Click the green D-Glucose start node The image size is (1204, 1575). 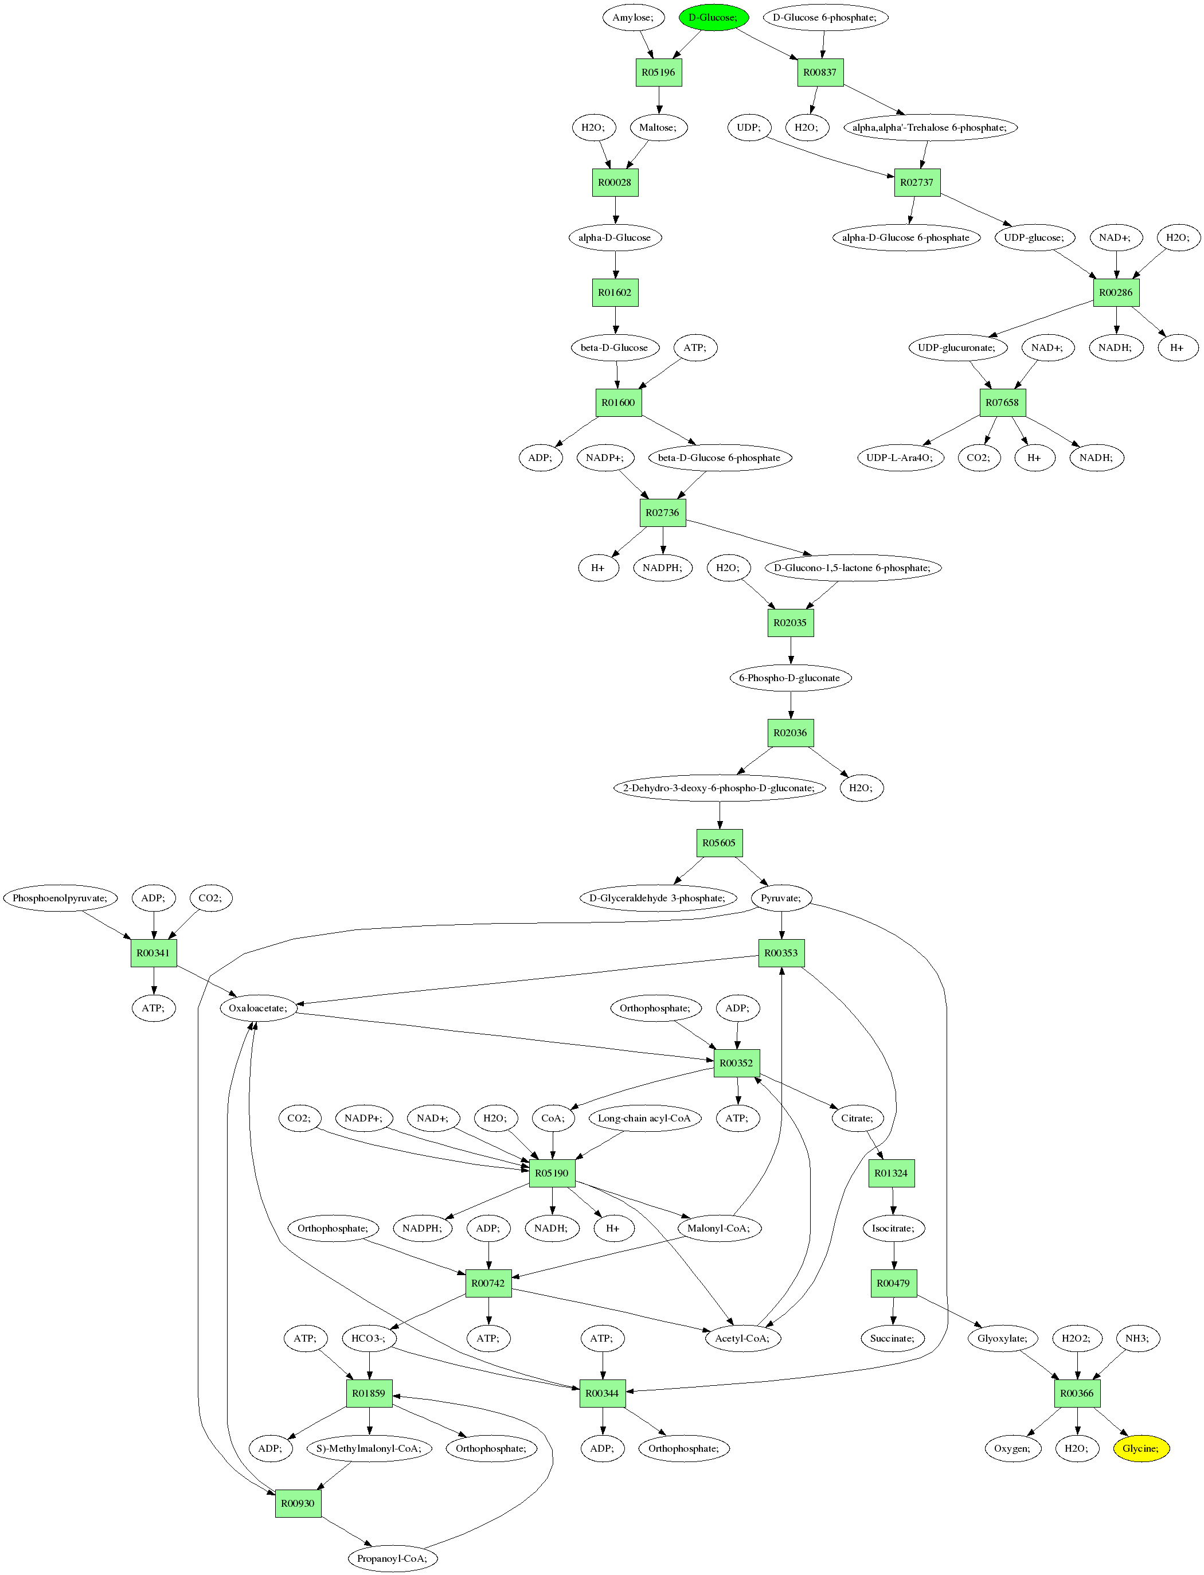tap(713, 17)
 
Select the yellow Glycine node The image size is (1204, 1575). tap(1141, 1448)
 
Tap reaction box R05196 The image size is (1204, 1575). tap(659, 72)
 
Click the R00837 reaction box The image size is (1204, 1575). tap(820, 72)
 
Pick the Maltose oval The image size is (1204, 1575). tap(658, 127)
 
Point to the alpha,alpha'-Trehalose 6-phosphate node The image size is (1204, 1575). tap(930, 127)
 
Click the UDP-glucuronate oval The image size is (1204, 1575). tap(957, 347)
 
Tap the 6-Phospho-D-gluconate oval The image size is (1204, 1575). tap(791, 678)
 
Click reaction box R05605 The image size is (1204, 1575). tap(720, 843)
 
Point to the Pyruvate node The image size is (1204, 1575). tap(781, 898)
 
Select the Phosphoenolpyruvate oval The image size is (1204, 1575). tap(60, 898)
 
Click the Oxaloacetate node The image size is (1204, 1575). tap(259, 1008)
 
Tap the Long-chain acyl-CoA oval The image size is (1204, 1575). tap(645, 1119)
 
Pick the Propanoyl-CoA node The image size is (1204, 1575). tap(393, 1558)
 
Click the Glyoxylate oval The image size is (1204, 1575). tap(1003, 1339)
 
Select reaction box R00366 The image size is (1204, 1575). tap(1077, 1394)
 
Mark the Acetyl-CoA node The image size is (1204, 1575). tap(742, 1339)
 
